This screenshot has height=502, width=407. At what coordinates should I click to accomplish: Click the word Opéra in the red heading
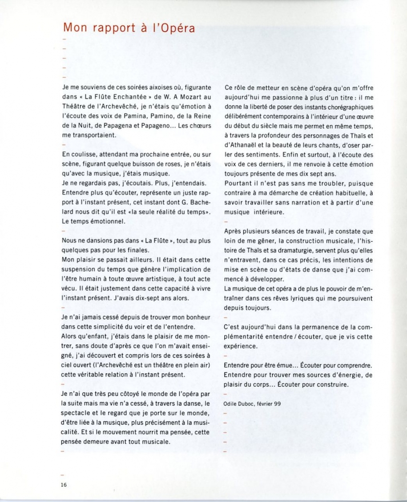(x=174, y=28)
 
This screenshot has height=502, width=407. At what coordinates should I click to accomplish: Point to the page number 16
(x=64, y=485)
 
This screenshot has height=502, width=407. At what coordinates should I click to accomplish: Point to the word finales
(x=129, y=250)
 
